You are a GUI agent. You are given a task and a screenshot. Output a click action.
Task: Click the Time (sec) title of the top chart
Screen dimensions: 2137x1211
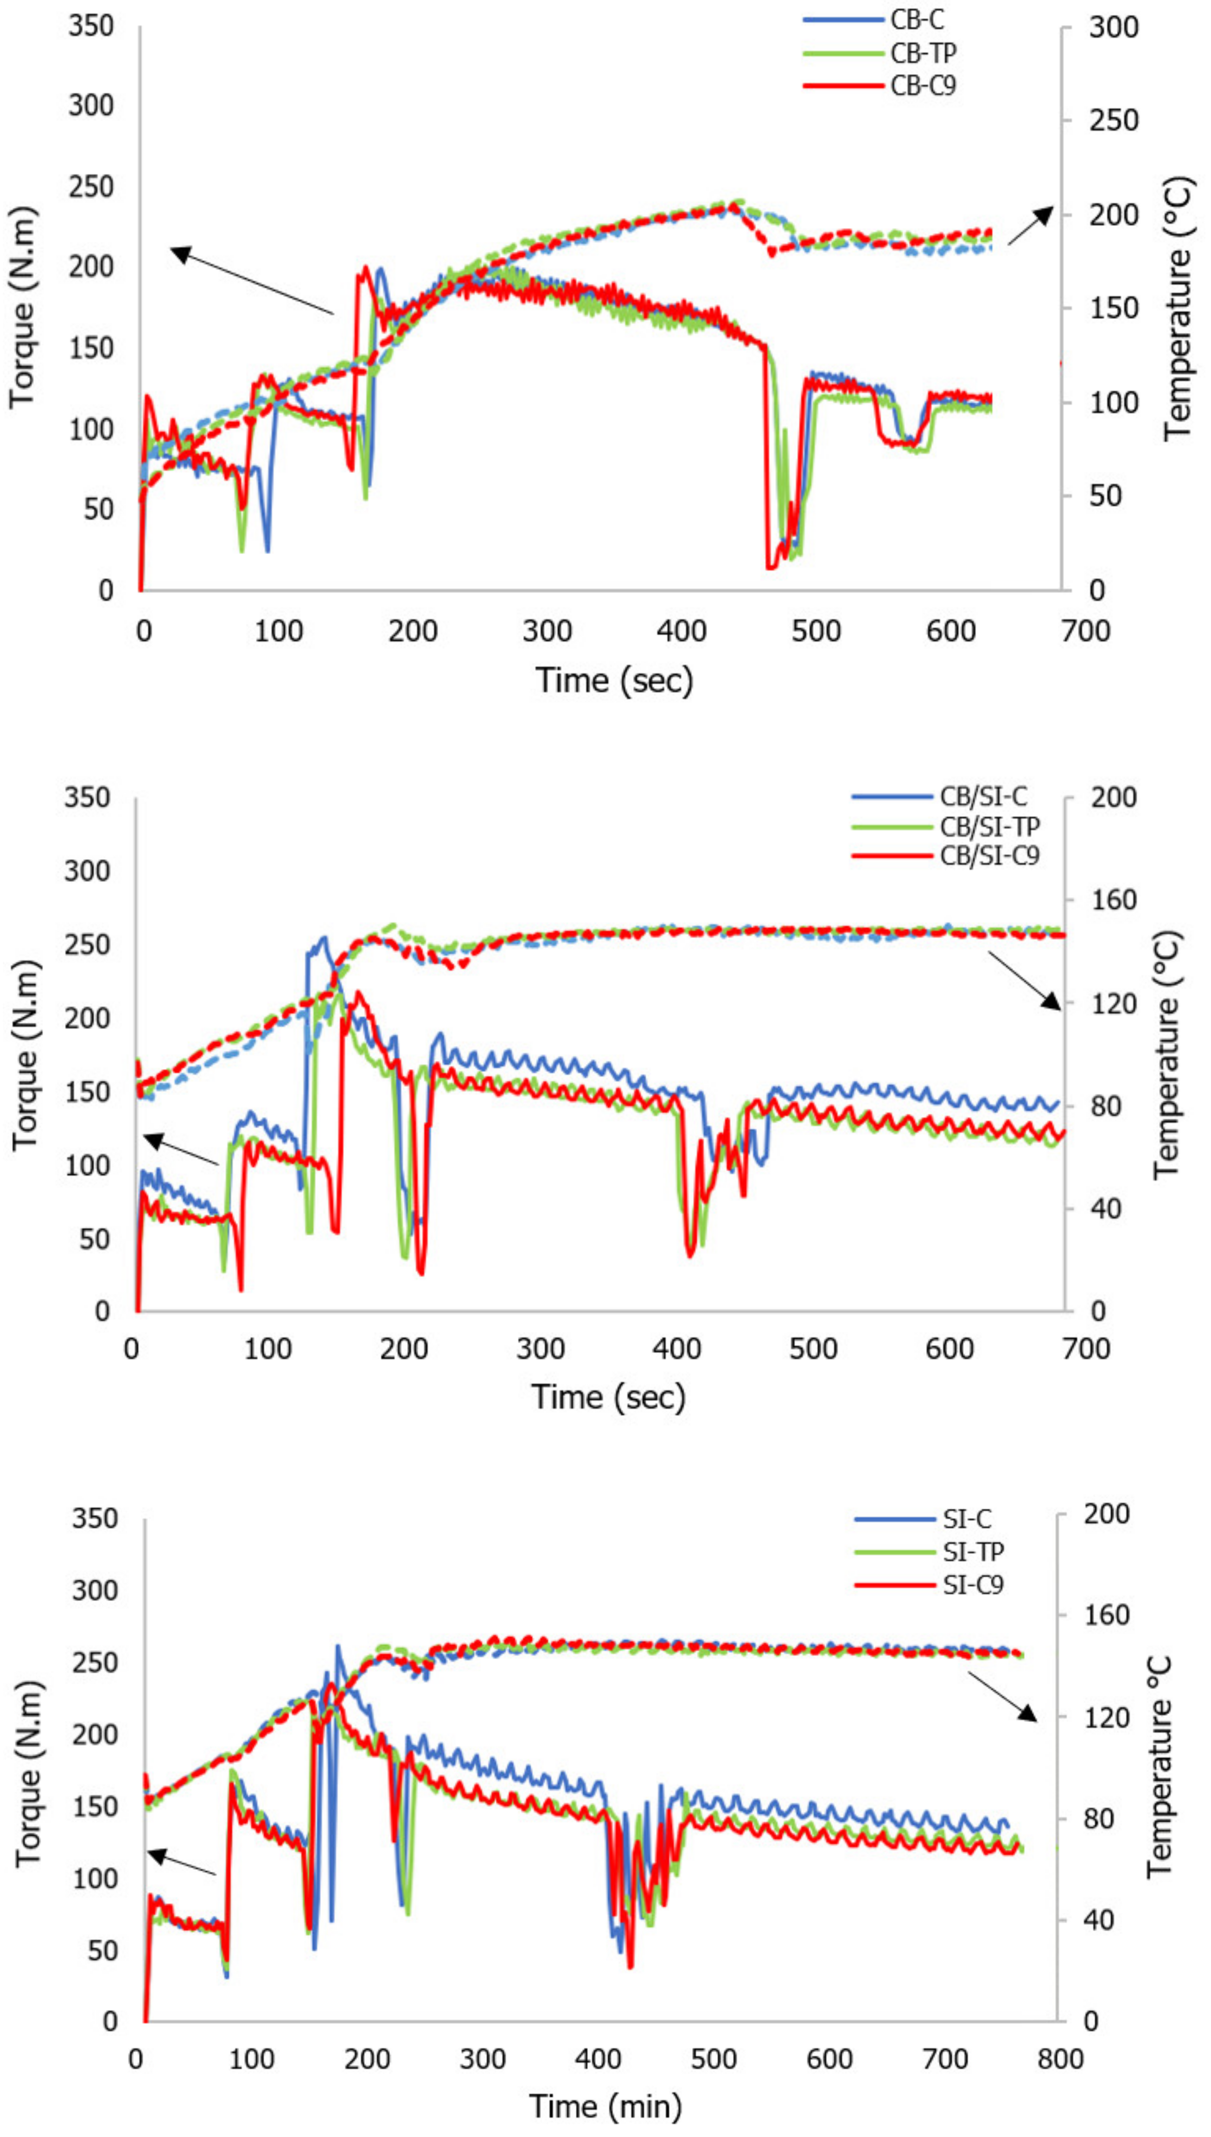click(614, 680)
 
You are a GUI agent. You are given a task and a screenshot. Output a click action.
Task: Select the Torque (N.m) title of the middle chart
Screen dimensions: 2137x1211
click(25, 1056)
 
